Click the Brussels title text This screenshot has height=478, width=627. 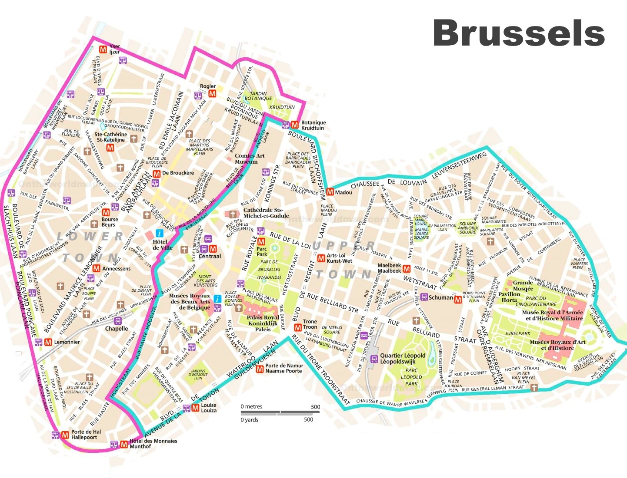click(x=519, y=33)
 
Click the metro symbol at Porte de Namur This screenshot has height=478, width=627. click(x=260, y=369)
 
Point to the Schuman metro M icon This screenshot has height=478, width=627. click(x=457, y=300)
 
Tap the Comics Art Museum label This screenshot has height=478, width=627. click(x=249, y=158)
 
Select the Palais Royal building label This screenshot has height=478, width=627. click(x=263, y=323)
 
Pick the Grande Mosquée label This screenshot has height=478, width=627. click(x=523, y=285)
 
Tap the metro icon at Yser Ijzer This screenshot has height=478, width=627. click(x=103, y=49)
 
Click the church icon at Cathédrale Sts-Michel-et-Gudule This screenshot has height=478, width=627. click(x=233, y=214)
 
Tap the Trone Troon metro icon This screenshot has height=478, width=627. click(x=298, y=327)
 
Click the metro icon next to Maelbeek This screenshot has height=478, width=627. click(x=407, y=269)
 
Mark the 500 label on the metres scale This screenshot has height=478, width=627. click(x=315, y=407)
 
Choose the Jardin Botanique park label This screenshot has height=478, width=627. click(x=258, y=96)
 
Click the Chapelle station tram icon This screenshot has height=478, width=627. click(x=117, y=321)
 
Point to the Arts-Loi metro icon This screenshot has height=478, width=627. click(x=321, y=258)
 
